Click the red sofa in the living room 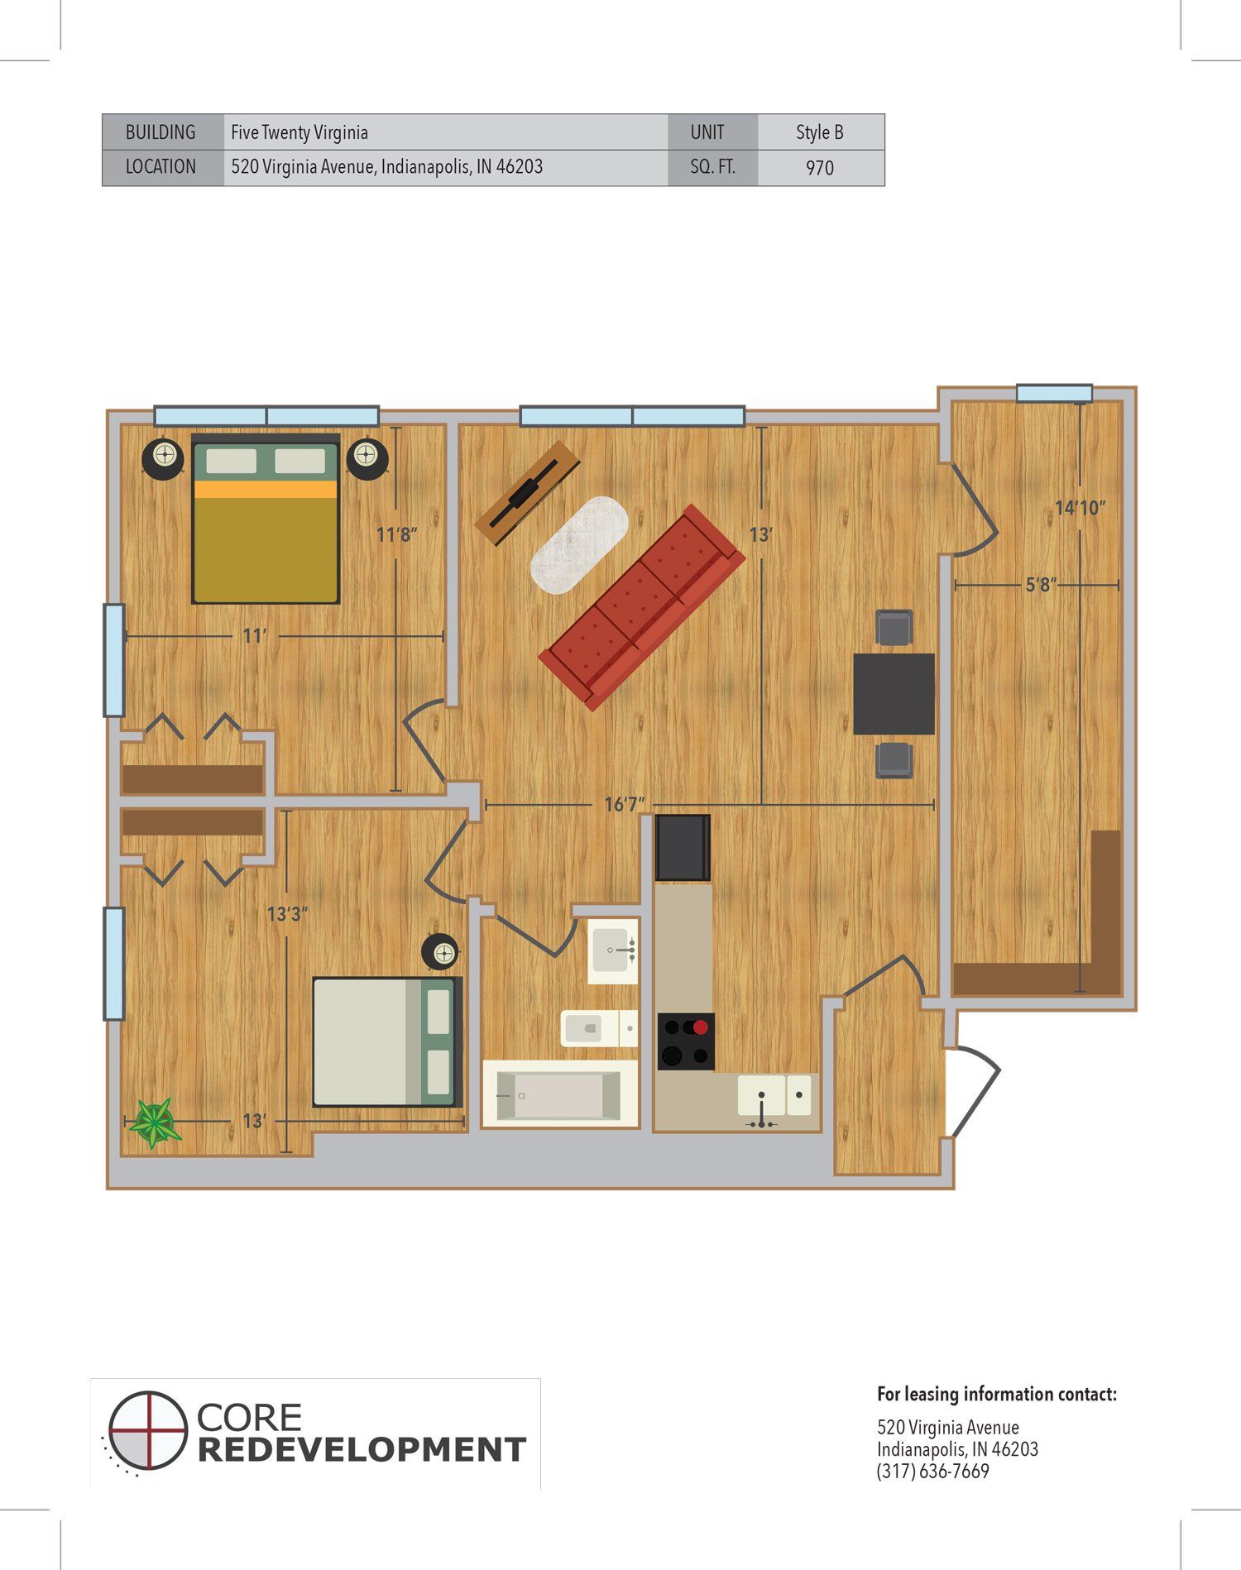point(642,608)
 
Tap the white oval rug point(579,544)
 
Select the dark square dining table point(894,694)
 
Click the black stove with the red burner point(686,1041)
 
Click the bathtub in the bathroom point(560,1094)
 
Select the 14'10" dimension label point(1080,508)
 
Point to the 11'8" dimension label point(397,534)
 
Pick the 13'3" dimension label point(287,914)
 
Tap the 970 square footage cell point(820,168)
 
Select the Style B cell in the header point(820,132)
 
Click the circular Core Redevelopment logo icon point(146,1453)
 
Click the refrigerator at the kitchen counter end point(683,848)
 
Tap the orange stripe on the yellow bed point(266,490)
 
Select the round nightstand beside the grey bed point(440,953)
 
